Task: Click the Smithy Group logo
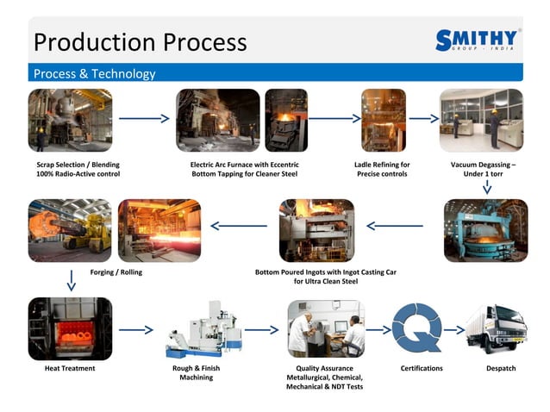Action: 478,41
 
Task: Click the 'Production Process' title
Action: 140,41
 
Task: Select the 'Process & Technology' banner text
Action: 94,74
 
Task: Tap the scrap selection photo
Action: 70,120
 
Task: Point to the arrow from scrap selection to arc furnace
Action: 143,119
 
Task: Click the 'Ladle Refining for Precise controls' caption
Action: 382,169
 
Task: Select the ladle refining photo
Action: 383,120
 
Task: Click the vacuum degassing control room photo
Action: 481,120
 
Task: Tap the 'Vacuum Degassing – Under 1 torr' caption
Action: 483,169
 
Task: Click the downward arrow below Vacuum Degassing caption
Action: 487,187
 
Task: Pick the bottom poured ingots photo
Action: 316,230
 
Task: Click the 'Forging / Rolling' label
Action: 116,272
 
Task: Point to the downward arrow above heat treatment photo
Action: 70,279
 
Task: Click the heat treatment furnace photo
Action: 70,328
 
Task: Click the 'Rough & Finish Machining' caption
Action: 197,372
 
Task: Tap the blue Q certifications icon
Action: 416,328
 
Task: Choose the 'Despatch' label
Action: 501,368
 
